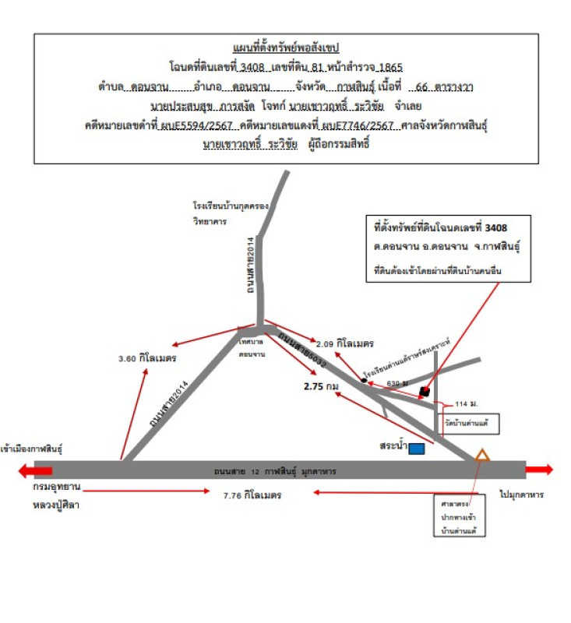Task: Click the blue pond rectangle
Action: (417, 449)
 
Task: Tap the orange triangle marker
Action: (482, 456)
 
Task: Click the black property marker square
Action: (425, 391)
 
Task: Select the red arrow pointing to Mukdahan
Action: (540, 470)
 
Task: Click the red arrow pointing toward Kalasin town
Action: (36, 470)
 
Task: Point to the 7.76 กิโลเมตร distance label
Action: (252, 495)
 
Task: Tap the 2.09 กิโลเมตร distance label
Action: (346, 343)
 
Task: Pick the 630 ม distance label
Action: (397, 383)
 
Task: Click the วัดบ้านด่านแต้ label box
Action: (470, 424)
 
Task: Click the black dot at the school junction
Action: (363, 381)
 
